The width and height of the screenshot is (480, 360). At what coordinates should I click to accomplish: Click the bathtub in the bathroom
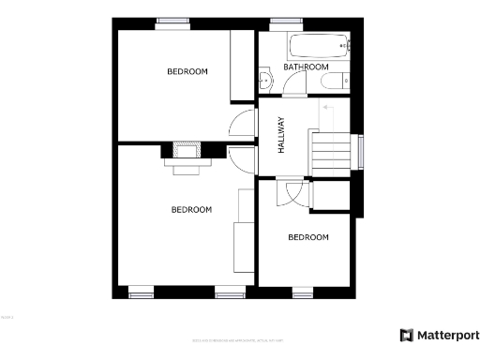[319, 45]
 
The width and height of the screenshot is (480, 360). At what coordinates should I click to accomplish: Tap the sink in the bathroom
[266, 82]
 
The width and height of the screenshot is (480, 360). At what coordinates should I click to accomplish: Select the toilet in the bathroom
[337, 82]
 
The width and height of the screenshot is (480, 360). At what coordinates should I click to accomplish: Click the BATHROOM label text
[306, 67]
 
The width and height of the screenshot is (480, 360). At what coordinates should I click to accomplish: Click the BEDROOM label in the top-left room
[187, 72]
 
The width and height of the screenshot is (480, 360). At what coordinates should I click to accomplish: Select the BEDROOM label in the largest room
[190, 210]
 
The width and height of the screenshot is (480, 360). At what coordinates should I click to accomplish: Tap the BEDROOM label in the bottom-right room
[308, 238]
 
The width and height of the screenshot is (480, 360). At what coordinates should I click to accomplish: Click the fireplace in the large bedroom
[187, 155]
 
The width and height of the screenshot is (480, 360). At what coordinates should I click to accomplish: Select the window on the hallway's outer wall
[359, 152]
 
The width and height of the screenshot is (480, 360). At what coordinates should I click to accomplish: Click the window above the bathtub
[282, 22]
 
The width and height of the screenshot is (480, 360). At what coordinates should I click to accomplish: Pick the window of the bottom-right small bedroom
[303, 292]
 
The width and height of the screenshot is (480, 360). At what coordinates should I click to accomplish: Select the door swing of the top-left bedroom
[243, 125]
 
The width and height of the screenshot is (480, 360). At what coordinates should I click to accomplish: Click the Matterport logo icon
[406, 335]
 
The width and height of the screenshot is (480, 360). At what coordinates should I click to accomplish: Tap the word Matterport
[448, 335]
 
